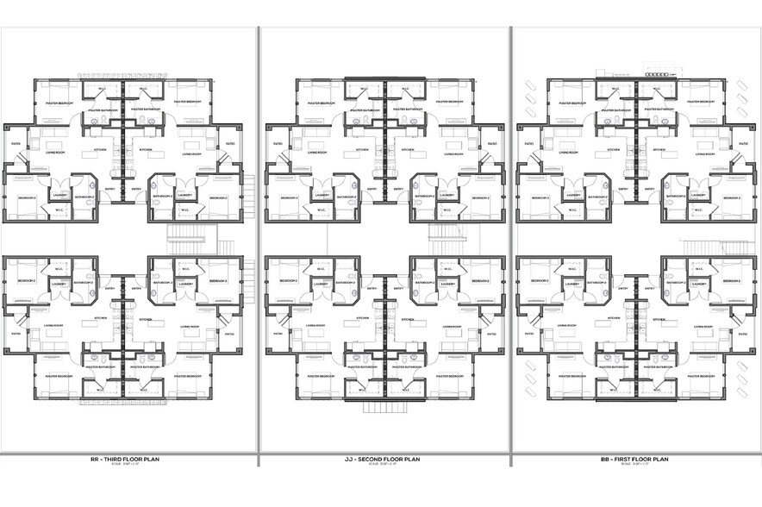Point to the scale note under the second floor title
384,465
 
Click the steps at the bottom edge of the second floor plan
384,407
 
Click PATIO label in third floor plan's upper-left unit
16,143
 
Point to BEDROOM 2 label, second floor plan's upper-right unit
478,197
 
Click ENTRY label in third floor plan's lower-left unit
109,289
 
